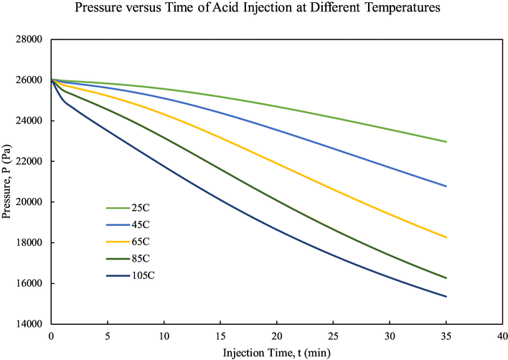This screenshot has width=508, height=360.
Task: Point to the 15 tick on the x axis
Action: pyautogui.click(x=220, y=336)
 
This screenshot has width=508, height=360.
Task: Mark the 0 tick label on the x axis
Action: pyautogui.click(x=51, y=336)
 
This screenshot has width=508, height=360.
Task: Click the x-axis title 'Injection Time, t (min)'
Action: pyautogui.click(x=277, y=351)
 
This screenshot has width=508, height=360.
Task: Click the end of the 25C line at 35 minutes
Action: pyautogui.click(x=446, y=141)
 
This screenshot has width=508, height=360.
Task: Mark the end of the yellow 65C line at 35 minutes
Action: pyautogui.click(x=446, y=237)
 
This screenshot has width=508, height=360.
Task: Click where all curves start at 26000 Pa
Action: pyautogui.click(x=51, y=80)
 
